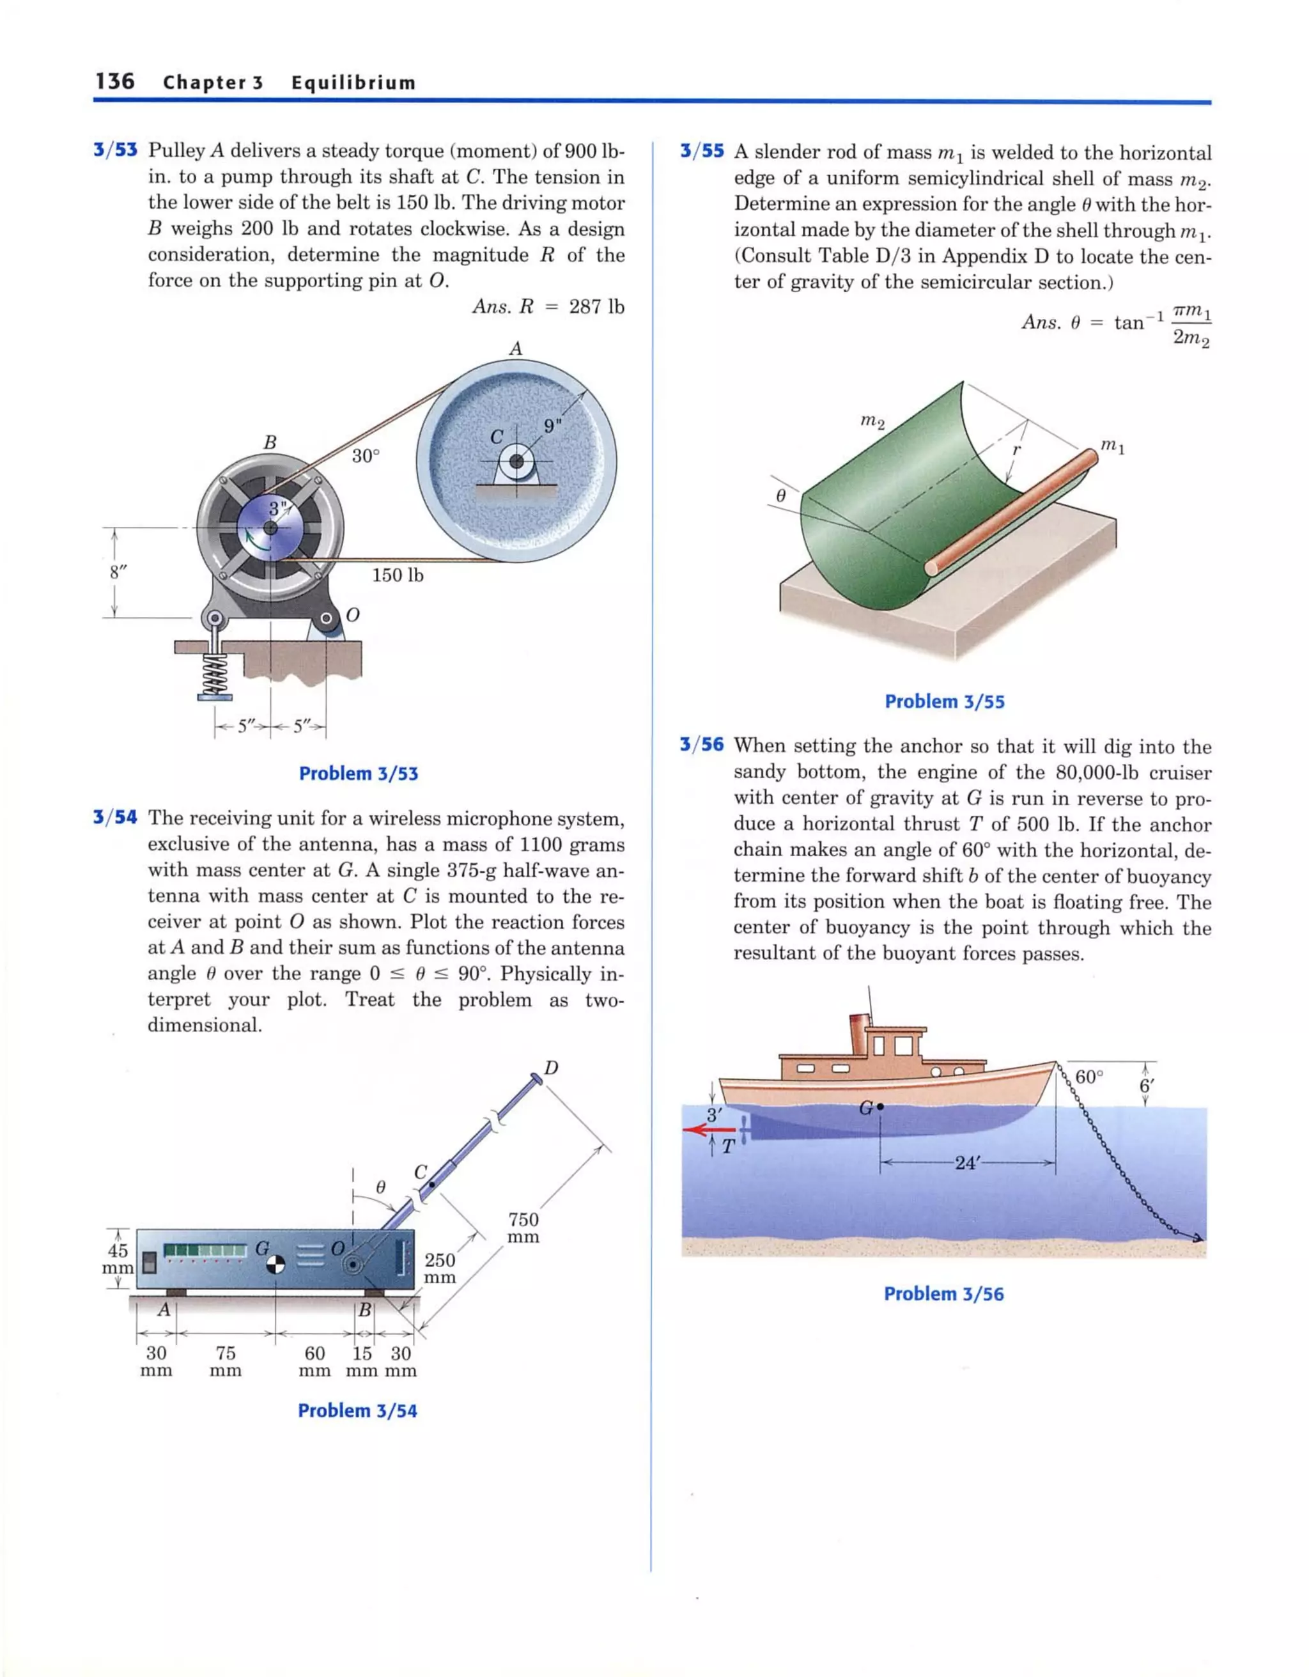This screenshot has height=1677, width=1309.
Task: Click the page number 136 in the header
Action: pyautogui.click(x=115, y=81)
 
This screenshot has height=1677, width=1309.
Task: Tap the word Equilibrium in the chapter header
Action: pyautogui.click(x=353, y=83)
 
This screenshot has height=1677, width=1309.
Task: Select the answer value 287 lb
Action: pyautogui.click(x=596, y=307)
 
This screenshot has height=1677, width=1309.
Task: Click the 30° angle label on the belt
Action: pyautogui.click(x=366, y=456)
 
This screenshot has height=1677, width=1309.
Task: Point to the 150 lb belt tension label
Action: pyautogui.click(x=398, y=575)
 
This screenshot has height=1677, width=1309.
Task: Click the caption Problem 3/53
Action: pyautogui.click(x=359, y=773)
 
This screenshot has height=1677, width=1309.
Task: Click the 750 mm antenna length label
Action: pyautogui.click(x=523, y=1228)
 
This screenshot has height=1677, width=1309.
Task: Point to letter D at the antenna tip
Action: pyautogui.click(x=550, y=1068)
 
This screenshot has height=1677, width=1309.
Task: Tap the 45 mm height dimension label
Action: pyautogui.click(x=118, y=1260)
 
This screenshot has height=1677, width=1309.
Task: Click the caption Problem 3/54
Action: pyautogui.click(x=358, y=1410)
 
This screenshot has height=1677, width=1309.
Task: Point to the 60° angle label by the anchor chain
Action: pyautogui.click(x=1088, y=1077)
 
